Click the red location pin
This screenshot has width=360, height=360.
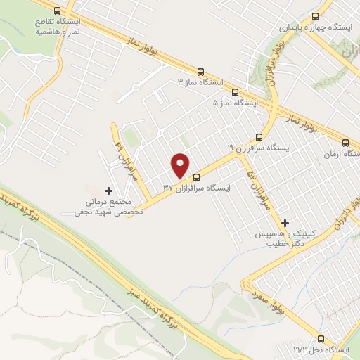[181, 165]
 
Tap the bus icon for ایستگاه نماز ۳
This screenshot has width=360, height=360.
[201, 71]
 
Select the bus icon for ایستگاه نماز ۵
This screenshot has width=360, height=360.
[234, 91]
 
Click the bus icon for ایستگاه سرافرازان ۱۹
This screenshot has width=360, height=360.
[259, 136]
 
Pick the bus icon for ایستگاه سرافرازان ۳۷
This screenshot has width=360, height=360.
[196, 176]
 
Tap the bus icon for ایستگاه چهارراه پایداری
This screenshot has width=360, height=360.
[314, 15]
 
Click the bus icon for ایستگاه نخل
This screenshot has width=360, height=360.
[321, 338]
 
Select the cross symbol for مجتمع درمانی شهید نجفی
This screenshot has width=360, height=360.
[108, 191]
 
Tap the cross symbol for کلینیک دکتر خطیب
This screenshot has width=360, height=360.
[285, 222]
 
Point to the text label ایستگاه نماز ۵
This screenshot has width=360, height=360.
[236, 103]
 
